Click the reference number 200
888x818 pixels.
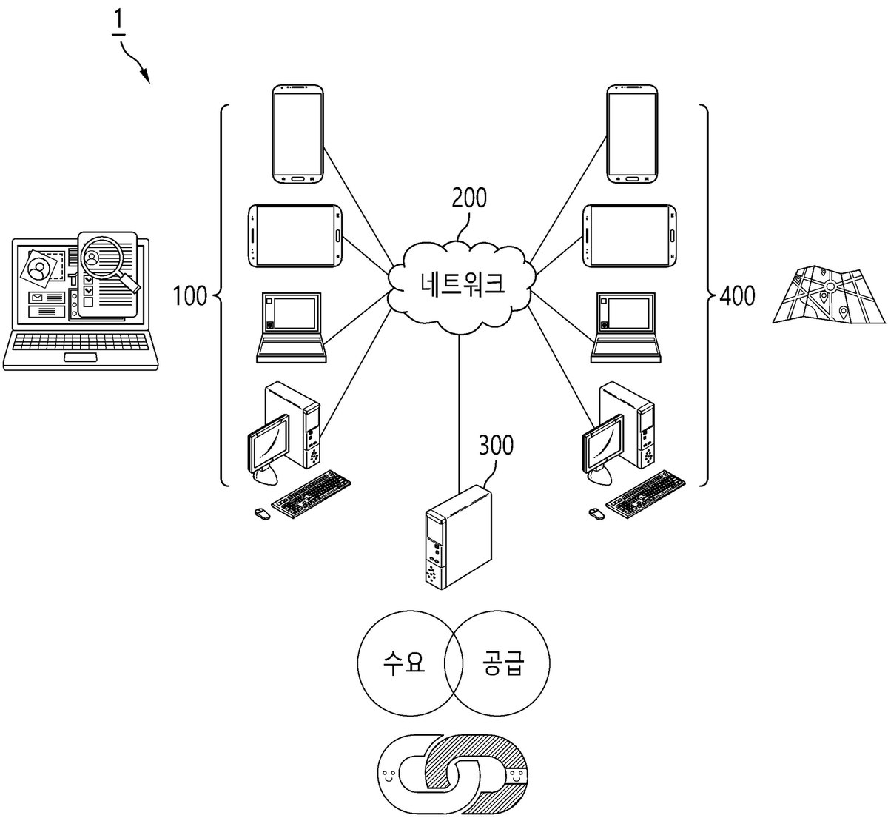[x=468, y=198]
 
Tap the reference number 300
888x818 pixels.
[x=497, y=445]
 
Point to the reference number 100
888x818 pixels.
[x=189, y=295]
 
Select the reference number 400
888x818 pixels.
[x=738, y=295]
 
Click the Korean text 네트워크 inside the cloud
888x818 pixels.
[x=462, y=284]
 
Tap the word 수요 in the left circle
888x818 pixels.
[x=403, y=663]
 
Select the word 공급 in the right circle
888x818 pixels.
[x=502, y=663]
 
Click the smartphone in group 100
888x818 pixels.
[x=297, y=134]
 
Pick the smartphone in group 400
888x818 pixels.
[x=632, y=134]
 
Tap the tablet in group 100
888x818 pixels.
[x=295, y=235]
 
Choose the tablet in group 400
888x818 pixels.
[x=630, y=235]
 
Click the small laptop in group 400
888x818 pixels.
[x=625, y=327]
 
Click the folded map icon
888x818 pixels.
[x=829, y=294]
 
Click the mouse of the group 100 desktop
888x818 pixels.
[x=262, y=513]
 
